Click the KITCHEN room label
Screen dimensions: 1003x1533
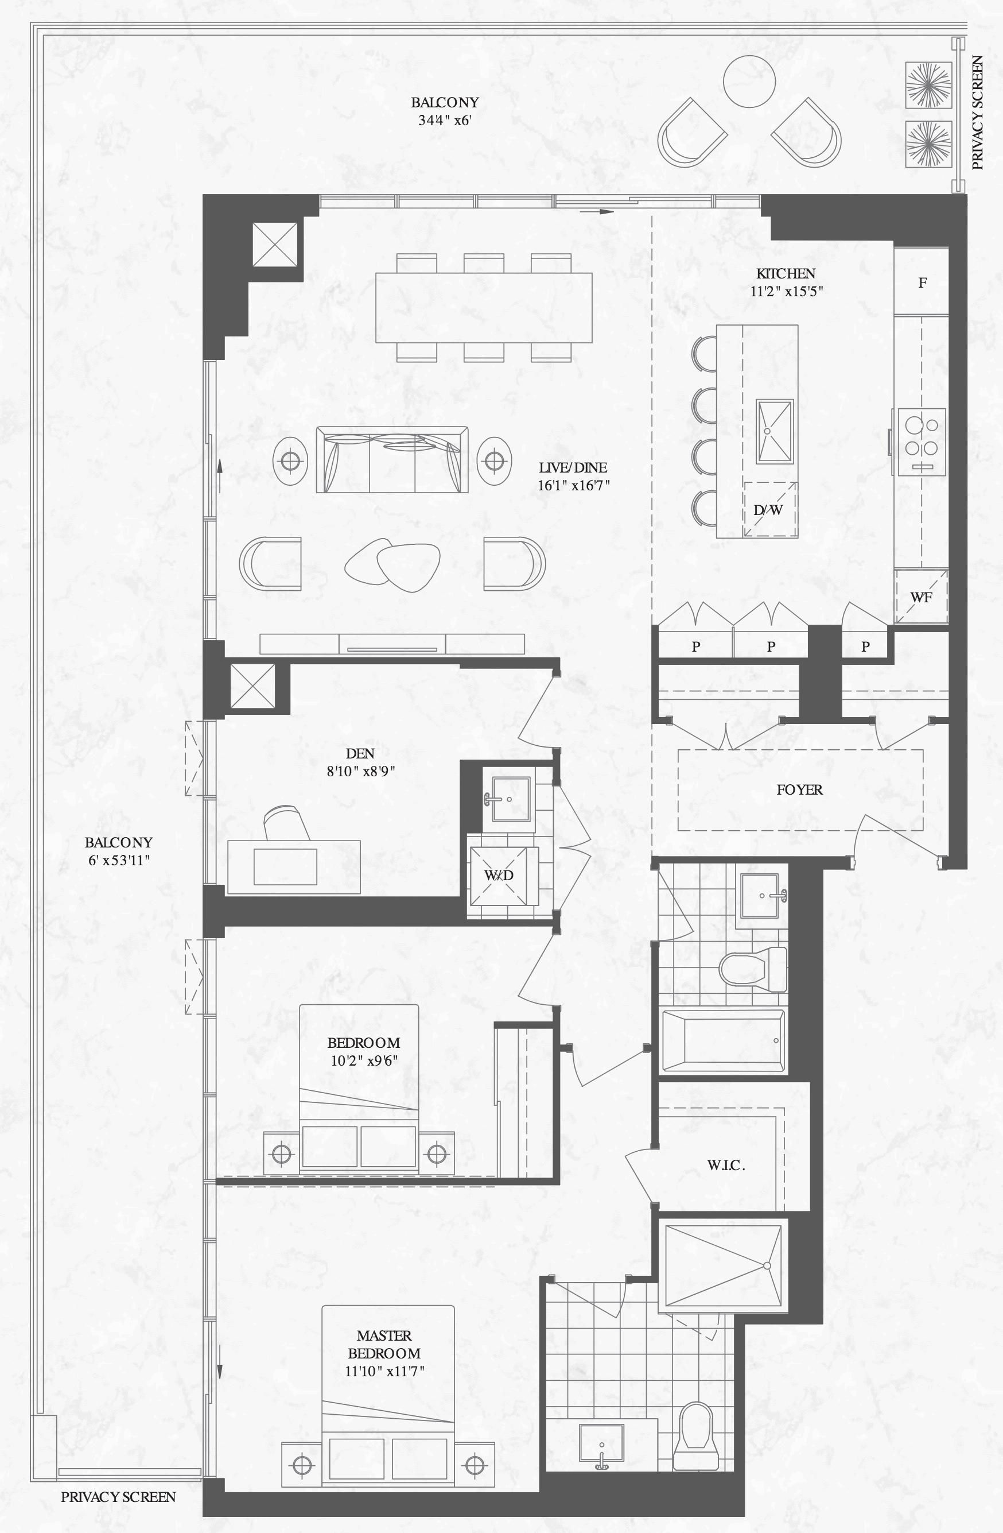[x=786, y=273]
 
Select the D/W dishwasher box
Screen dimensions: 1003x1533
[x=770, y=509]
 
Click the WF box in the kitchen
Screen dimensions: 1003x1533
[x=922, y=597]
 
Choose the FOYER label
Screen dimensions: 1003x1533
[x=799, y=789]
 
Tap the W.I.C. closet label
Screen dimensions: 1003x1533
[x=726, y=1165]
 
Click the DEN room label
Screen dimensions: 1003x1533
[x=360, y=754]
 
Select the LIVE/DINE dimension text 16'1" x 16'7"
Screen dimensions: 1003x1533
[x=574, y=485]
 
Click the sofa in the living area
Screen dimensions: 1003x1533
[x=392, y=459]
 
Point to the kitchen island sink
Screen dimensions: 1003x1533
[x=774, y=431]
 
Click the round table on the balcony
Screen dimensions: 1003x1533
[x=749, y=82]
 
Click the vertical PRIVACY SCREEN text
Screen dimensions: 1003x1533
[x=977, y=113]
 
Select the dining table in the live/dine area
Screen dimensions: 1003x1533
[x=484, y=307]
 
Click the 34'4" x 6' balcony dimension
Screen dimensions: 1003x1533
[x=445, y=120]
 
